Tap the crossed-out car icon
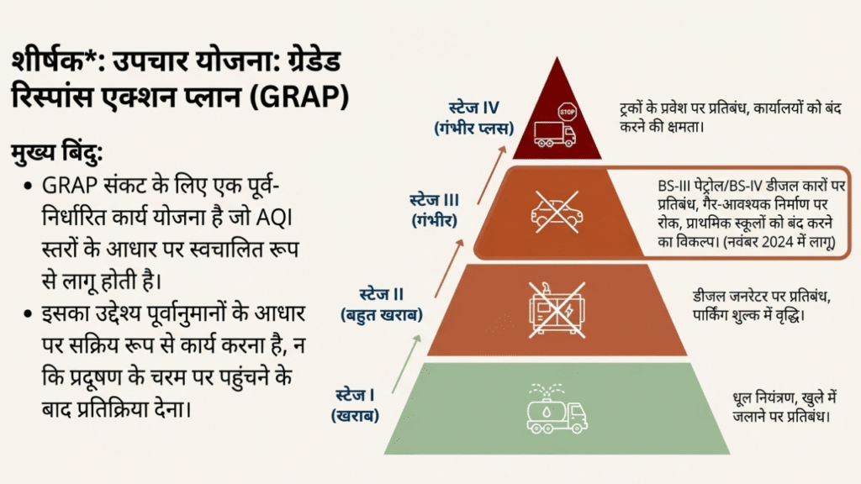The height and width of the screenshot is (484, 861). coord(556,212)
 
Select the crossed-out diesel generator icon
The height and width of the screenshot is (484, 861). coord(550,309)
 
